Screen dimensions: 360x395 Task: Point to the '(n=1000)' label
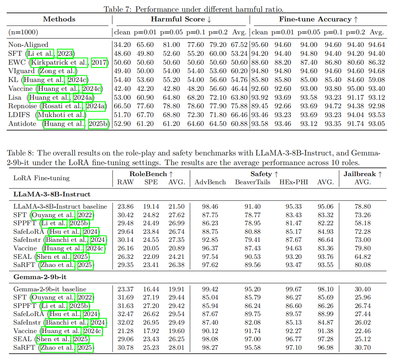coord(23,32)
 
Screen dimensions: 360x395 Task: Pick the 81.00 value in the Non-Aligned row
coord(171,45)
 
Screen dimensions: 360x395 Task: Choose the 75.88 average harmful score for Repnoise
coord(239,106)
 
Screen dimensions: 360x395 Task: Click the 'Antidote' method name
coord(22,124)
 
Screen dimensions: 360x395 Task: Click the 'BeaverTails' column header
coord(253,182)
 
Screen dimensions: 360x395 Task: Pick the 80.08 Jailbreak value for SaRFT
coord(362,265)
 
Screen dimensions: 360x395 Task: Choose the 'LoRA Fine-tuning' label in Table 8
coord(41,178)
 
